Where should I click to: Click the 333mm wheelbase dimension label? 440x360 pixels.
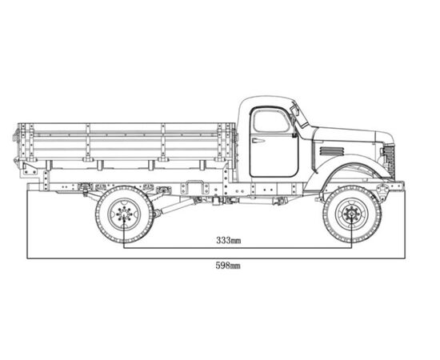(x=228, y=241)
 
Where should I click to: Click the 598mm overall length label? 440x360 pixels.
(x=228, y=266)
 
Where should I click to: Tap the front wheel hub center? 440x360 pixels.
(x=352, y=214)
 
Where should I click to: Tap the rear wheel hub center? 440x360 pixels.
(x=124, y=214)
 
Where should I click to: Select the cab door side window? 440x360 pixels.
(x=271, y=122)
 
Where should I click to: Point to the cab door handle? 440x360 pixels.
(x=258, y=140)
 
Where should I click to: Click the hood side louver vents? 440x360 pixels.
(x=331, y=151)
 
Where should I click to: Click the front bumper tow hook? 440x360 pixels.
(x=383, y=190)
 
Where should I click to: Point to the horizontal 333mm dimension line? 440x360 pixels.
(x=238, y=248)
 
